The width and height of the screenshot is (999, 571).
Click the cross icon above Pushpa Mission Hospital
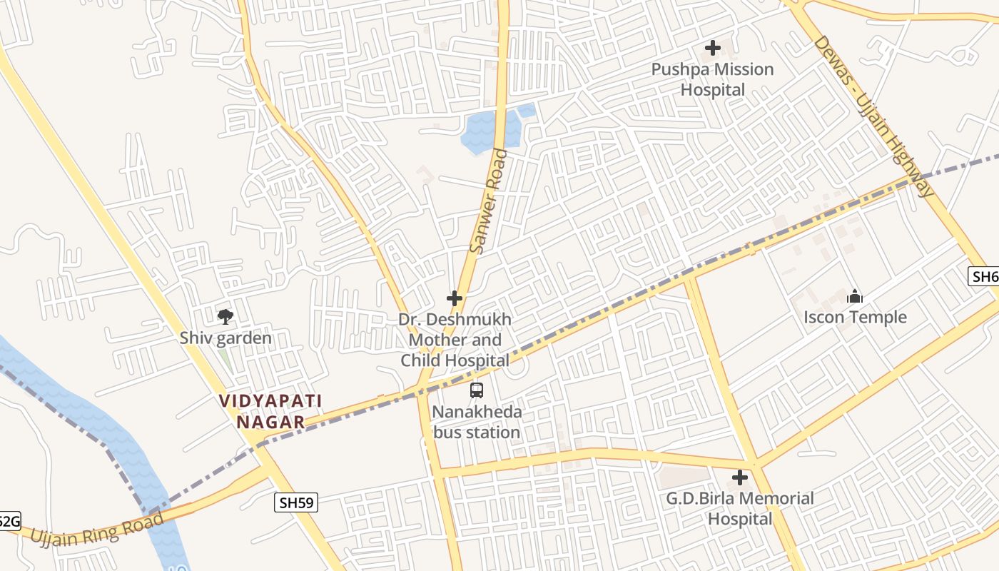pos(712,49)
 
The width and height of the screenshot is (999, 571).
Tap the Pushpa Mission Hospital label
pos(712,79)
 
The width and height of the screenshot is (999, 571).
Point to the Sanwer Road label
pos(490,201)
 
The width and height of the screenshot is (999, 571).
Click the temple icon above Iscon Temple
pos(855,297)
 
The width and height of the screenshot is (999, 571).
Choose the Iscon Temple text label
pos(855,317)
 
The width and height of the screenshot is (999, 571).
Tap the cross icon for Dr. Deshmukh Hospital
pos(455,298)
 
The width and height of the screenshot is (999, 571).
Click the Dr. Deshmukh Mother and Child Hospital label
pos(455,340)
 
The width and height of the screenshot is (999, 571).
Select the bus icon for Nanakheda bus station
pos(477,390)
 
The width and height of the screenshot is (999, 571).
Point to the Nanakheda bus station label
pos(477,422)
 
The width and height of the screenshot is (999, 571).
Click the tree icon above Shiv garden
pos(225,316)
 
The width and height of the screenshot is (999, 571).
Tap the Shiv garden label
pos(225,338)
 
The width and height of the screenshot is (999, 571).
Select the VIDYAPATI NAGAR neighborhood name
pos(270,411)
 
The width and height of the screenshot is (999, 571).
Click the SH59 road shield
pos(296,502)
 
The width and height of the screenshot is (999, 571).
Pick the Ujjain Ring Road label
pos(96,529)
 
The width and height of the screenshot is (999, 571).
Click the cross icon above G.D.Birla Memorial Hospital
pos(740,477)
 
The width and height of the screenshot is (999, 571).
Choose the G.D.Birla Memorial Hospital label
pos(740,508)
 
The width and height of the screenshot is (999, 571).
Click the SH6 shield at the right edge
pos(985,276)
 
